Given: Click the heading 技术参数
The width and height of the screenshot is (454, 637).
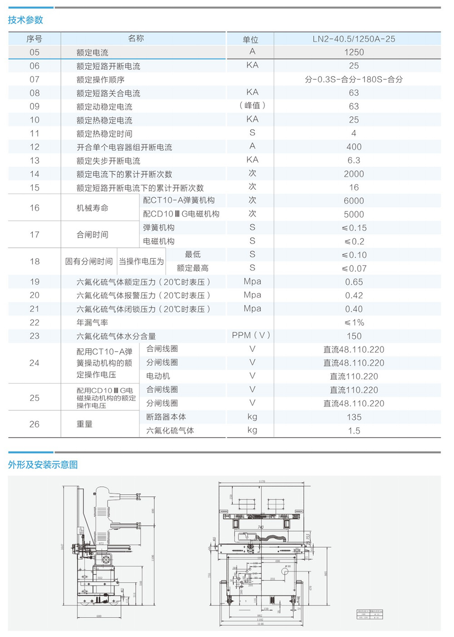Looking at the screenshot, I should pos(25,20).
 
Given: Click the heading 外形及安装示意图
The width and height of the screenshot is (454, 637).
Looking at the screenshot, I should pos(43,465).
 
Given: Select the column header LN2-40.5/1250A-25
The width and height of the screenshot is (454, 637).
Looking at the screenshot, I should pos(354,39).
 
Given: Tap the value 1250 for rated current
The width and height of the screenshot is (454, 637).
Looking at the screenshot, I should pos(354,52).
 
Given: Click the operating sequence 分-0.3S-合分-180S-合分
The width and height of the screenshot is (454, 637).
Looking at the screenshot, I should pos(354,79).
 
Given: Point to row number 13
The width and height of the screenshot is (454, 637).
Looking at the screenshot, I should pos(35,161).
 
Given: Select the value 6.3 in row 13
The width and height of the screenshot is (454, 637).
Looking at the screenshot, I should pos(354,161).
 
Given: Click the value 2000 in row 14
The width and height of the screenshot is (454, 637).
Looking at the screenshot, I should pos(354,174).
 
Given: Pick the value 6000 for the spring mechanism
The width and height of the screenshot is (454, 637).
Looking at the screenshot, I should pos(354,201).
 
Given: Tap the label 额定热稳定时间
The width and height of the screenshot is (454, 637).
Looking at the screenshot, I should pos(104,134).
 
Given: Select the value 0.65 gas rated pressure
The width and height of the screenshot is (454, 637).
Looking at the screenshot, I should pos(354,282).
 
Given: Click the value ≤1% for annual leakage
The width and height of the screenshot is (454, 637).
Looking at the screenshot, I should pos(354,323).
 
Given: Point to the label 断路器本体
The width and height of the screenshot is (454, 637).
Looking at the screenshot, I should pos(166,417).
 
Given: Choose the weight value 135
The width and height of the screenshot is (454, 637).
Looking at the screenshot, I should pos(354,417).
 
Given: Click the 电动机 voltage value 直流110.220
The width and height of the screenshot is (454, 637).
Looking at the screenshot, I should pos(354,377).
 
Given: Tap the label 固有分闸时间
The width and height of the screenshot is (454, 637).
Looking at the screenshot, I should pos(89,261).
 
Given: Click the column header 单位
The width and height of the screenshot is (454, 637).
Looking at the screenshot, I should pos(250,39).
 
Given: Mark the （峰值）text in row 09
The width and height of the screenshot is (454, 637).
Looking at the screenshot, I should pos(252,106).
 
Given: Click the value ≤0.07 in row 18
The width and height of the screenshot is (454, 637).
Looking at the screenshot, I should pos(354,269).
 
